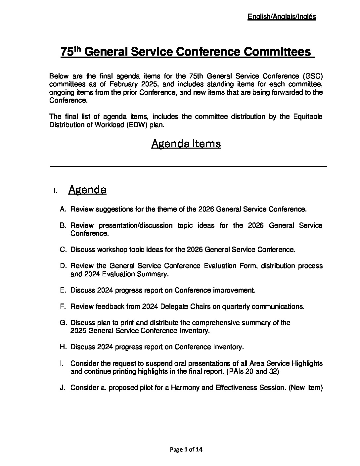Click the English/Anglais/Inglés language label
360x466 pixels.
[282, 17]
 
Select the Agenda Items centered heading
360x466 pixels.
[186, 144]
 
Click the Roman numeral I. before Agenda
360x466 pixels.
[56, 191]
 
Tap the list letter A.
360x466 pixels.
[63, 209]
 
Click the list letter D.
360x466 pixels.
[63, 266]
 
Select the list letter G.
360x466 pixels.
[63, 323]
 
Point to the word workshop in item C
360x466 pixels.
[112, 250]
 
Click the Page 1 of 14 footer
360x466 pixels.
[186, 449]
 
